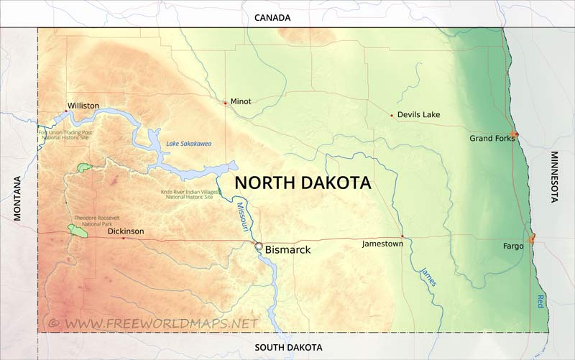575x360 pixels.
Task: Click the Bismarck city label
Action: (x=287, y=250)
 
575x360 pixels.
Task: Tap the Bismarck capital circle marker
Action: (x=259, y=246)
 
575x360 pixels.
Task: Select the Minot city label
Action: (x=241, y=101)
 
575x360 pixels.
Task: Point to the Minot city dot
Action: (x=225, y=103)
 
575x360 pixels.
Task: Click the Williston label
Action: (x=83, y=106)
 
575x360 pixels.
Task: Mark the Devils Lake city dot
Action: (x=392, y=116)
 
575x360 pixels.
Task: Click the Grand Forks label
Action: (x=492, y=138)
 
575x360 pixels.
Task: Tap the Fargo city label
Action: (x=513, y=246)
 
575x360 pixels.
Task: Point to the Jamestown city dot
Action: (x=402, y=237)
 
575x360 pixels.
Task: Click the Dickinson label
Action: (x=126, y=231)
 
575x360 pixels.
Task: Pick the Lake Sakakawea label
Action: (x=189, y=144)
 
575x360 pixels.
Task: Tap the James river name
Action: (x=428, y=277)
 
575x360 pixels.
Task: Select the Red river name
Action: (x=540, y=302)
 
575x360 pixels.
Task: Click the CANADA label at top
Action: (x=272, y=17)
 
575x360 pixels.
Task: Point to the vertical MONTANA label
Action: (x=18, y=198)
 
